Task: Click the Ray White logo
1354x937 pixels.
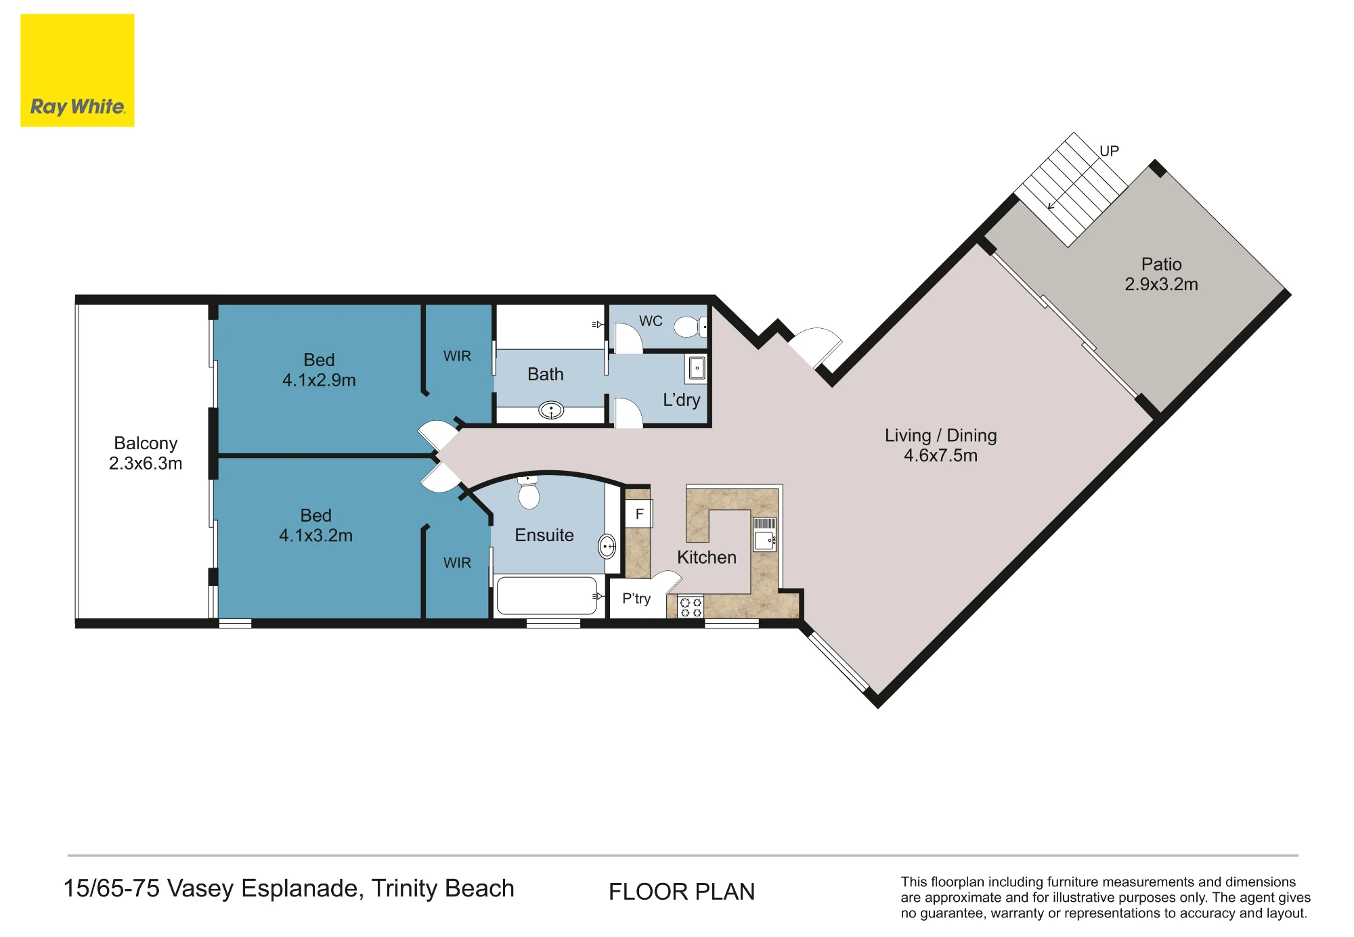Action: (x=77, y=70)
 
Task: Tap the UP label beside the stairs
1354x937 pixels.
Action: (x=1109, y=151)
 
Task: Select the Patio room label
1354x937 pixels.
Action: (x=1161, y=274)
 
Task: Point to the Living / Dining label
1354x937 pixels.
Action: (x=940, y=445)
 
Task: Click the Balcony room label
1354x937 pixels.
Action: (x=146, y=453)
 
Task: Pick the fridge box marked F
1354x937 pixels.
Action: (x=638, y=514)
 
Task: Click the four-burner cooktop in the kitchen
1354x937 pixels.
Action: (x=691, y=607)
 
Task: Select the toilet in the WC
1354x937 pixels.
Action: (x=691, y=327)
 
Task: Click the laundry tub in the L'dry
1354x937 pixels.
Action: (x=697, y=369)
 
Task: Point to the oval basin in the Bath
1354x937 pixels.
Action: (x=551, y=410)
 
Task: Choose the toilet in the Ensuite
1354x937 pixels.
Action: (x=528, y=492)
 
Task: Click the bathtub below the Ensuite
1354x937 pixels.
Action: (x=547, y=595)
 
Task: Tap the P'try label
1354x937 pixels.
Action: (x=636, y=599)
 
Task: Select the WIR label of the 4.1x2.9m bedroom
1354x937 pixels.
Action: (x=457, y=356)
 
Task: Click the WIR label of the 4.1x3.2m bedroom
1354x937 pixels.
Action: (x=457, y=563)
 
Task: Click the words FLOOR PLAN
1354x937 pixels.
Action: (x=682, y=892)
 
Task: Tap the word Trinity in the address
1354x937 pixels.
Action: (x=404, y=889)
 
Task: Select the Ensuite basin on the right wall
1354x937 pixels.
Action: (x=607, y=546)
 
